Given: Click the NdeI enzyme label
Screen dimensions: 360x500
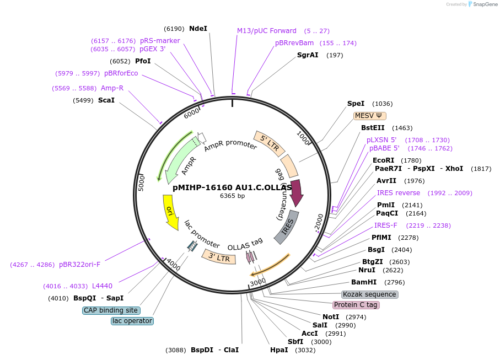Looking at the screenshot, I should click(198, 28).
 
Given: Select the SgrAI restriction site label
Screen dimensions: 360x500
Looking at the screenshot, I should click(308, 55).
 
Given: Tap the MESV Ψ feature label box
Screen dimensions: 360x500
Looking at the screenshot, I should click(370, 116).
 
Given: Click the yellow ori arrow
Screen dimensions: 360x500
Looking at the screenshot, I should click(171, 213).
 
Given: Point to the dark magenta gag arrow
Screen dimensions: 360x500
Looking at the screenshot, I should click(296, 192).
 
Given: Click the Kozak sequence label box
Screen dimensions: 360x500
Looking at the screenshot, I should click(369, 294).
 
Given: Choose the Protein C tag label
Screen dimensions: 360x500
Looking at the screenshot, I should click(356, 305).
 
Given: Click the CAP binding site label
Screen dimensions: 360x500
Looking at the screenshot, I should click(111, 310).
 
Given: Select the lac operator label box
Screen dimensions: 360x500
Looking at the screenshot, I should click(132, 321).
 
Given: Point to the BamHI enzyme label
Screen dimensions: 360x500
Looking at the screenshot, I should click(363, 282).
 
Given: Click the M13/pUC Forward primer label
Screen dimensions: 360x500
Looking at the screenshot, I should click(267, 31).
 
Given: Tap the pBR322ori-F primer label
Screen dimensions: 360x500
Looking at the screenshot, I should click(80, 264).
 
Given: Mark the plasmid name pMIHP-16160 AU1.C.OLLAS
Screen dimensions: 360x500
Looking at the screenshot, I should click(232, 187).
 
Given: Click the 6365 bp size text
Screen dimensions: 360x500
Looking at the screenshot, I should click(232, 196).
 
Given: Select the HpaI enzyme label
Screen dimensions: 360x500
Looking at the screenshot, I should click(279, 350).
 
